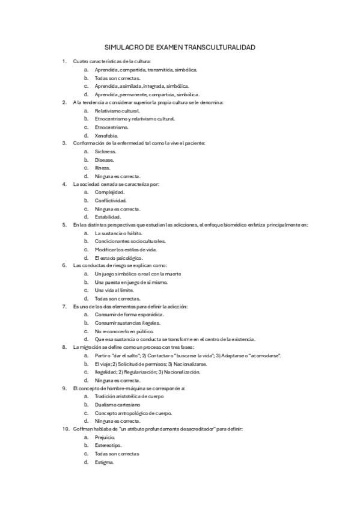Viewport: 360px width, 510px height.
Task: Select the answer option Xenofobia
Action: point(106,136)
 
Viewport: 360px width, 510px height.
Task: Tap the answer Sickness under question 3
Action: point(106,152)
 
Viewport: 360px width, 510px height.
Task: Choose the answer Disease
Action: point(105,160)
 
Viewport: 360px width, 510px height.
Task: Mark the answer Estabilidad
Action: point(108,217)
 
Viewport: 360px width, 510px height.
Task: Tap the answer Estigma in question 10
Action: point(105,462)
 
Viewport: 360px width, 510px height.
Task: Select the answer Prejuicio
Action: point(106,437)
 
